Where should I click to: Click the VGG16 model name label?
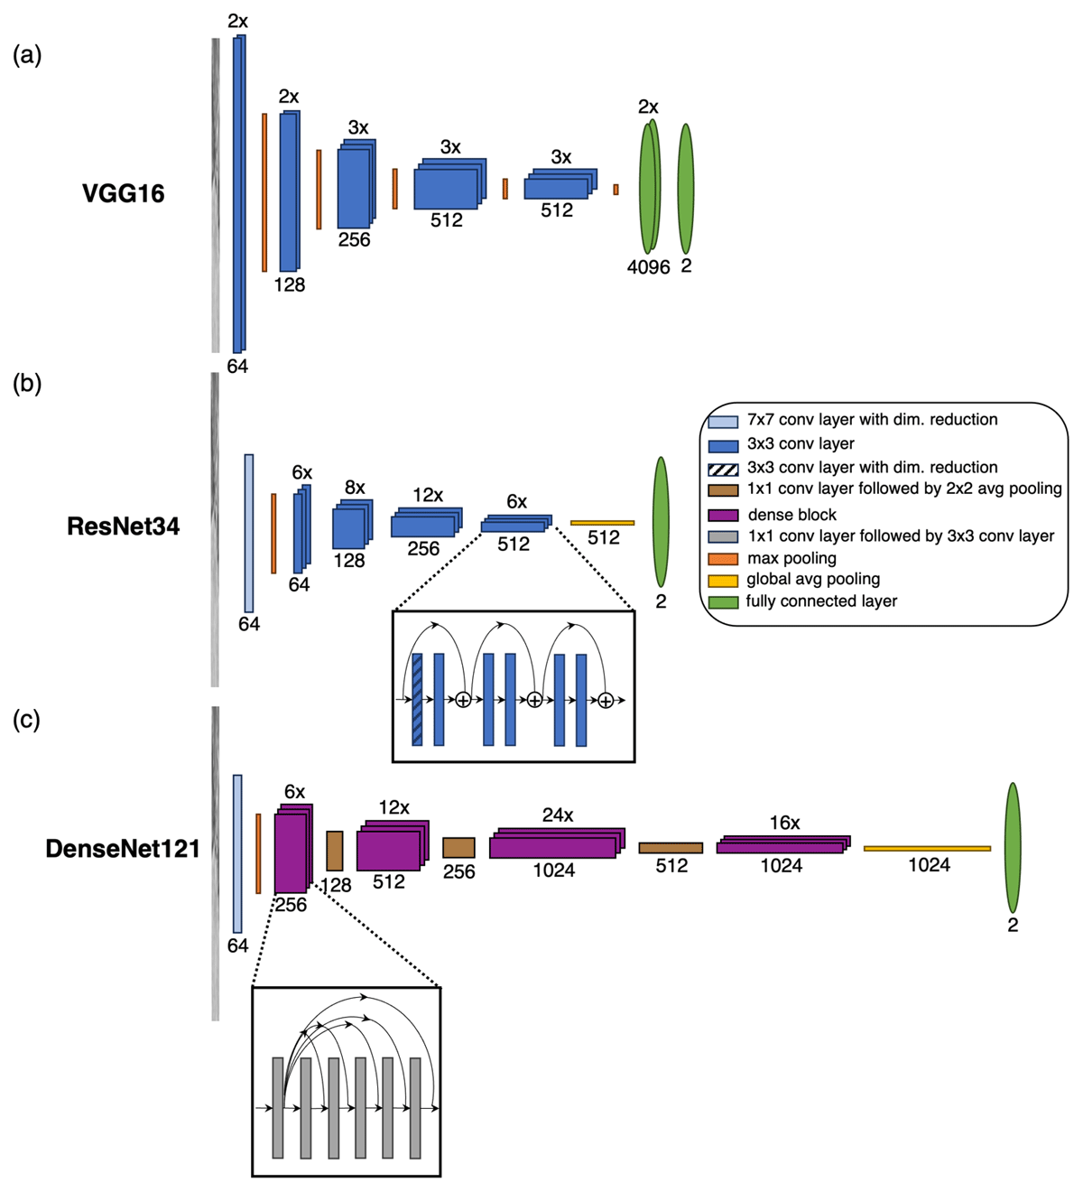(x=123, y=193)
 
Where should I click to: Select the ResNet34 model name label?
(x=123, y=526)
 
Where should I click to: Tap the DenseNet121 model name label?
(x=123, y=849)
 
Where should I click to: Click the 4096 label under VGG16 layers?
(x=648, y=267)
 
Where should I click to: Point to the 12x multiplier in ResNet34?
(x=427, y=495)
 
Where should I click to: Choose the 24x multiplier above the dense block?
(x=557, y=815)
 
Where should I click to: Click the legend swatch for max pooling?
(x=723, y=559)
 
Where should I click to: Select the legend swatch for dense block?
(x=723, y=515)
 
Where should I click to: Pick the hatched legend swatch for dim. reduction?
(x=723, y=468)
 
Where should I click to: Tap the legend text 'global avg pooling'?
(x=812, y=580)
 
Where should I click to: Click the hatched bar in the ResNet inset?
(x=417, y=699)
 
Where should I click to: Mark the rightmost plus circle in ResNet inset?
(x=606, y=700)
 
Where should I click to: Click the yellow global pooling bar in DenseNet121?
(x=927, y=849)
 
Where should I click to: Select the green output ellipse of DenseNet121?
(x=1013, y=847)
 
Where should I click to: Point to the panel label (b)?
(x=27, y=384)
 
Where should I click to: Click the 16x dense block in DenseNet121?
(x=782, y=845)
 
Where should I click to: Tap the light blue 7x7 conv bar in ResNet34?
(x=249, y=533)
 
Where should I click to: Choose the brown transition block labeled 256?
(x=458, y=847)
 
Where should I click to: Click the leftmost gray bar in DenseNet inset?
(x=278, y=1107)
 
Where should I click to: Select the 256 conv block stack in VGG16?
(x=355, y=186)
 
